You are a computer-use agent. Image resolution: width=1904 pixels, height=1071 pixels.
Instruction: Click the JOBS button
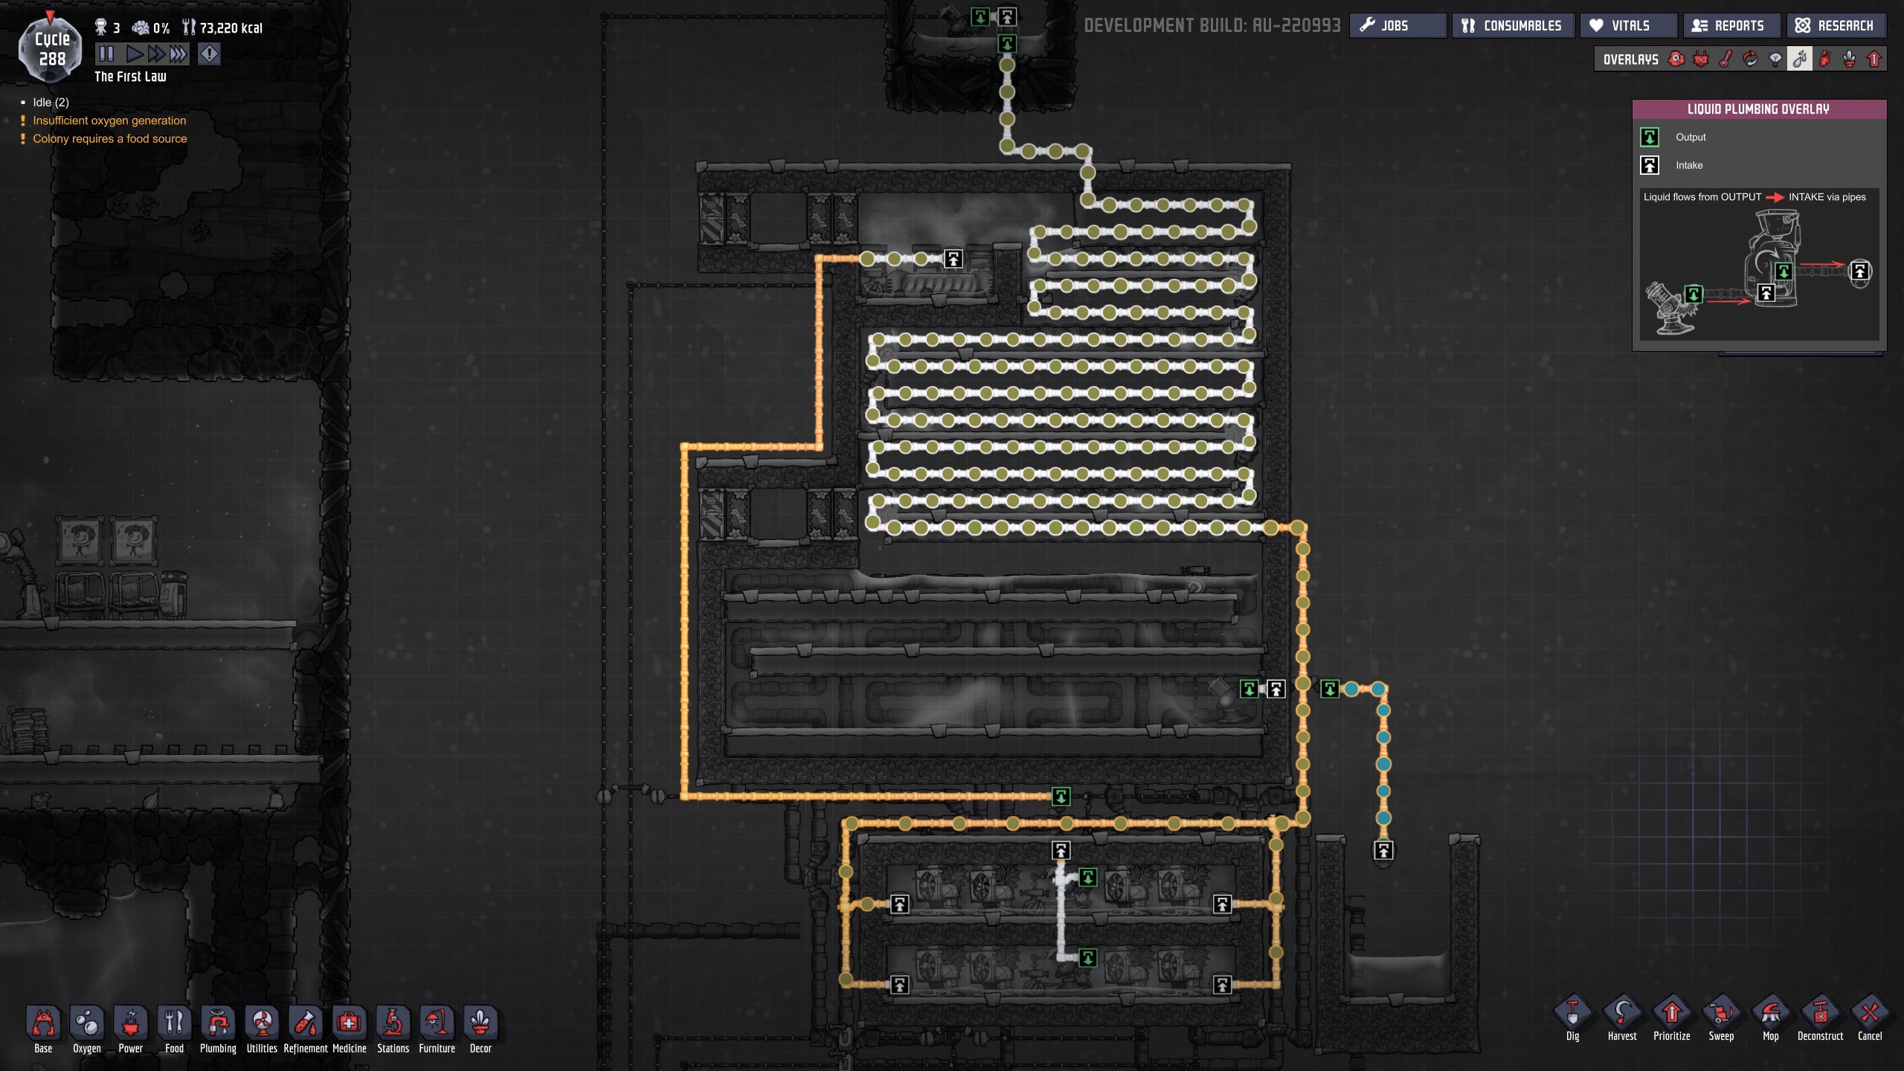pos(1396,26)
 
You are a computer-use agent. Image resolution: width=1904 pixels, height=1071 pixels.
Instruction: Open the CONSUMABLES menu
pos(1512,26)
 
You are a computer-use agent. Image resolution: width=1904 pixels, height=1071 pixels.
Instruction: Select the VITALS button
pos(1629,26)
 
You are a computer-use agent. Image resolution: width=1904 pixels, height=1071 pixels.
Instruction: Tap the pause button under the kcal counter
pos(106,54)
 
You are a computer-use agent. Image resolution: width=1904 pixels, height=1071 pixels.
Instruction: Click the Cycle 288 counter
pos(51,49)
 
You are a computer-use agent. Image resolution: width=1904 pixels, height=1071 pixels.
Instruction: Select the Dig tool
pos(1572,1018)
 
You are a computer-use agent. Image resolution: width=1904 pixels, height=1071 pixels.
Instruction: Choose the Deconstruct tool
pos(1820,1018)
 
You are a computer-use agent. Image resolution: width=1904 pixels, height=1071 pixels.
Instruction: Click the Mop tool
pos(1770,1018)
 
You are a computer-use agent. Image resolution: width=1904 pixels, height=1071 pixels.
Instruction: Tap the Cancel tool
pos(1869,1018)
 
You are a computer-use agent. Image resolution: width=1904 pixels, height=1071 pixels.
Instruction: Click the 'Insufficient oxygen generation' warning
pos(109,120)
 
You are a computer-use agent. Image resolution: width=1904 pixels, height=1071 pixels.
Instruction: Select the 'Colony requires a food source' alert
pos(109,139)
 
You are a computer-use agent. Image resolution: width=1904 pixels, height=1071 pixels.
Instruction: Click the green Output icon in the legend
pos(1650,137)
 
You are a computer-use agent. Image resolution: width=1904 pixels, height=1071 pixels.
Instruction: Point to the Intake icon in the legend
pos(1650,165)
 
